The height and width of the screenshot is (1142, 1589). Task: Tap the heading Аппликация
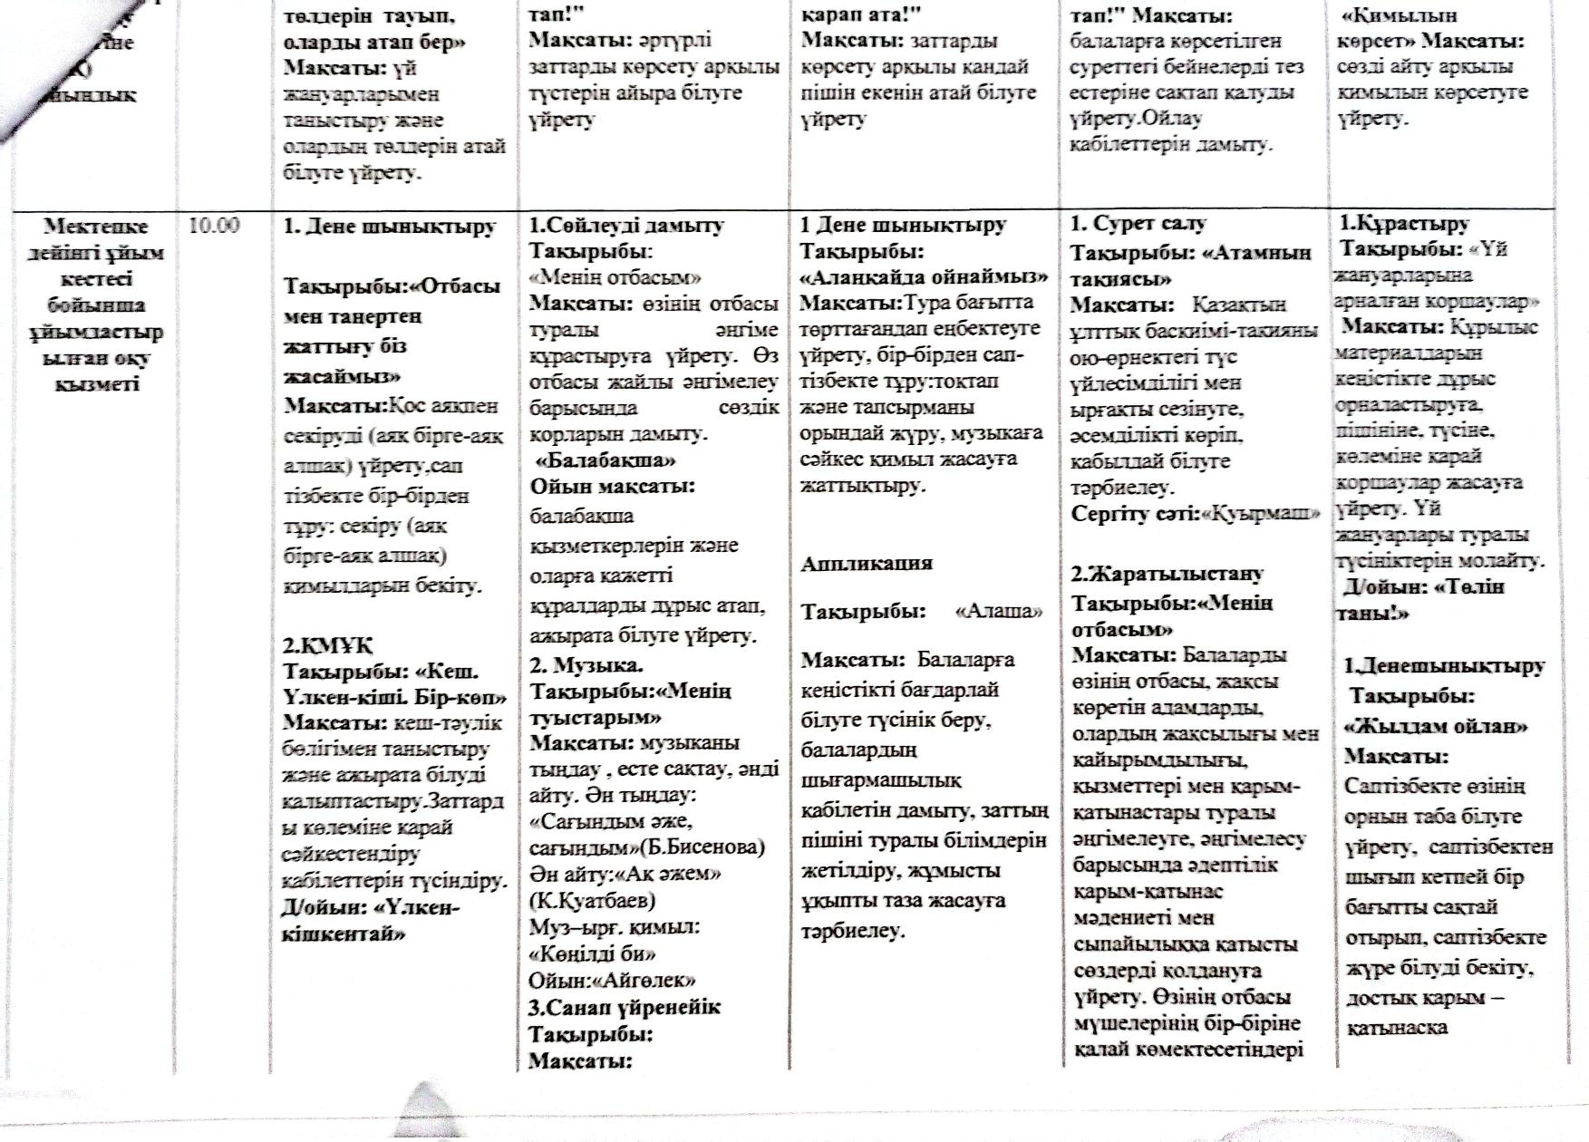tap(867, 564)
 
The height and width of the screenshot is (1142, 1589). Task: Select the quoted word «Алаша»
tap(999, 611)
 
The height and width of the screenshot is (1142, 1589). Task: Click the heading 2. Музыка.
tap(586, 665)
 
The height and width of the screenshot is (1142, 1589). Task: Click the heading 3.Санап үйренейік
tap(625, 1007)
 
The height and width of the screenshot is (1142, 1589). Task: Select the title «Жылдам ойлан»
tap(1436, 726)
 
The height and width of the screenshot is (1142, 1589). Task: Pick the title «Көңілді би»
tap(592, 953)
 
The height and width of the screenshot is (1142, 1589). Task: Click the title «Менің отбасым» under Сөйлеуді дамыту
tap(615, 277)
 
